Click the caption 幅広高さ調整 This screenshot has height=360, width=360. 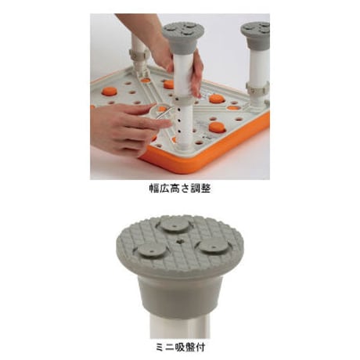click(180, 188)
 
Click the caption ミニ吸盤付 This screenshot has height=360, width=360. click(180, 347)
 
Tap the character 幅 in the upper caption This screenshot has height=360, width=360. click(154, 188)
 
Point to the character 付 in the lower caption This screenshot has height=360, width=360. click(200, 347)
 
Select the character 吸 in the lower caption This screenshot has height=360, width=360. click(180, 347)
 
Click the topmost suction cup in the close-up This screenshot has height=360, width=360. click(175, 225)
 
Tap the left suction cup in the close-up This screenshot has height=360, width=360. click(152, 250)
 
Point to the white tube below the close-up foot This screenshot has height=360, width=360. click(180, 325)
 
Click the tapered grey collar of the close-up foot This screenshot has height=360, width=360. click(180, 295)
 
